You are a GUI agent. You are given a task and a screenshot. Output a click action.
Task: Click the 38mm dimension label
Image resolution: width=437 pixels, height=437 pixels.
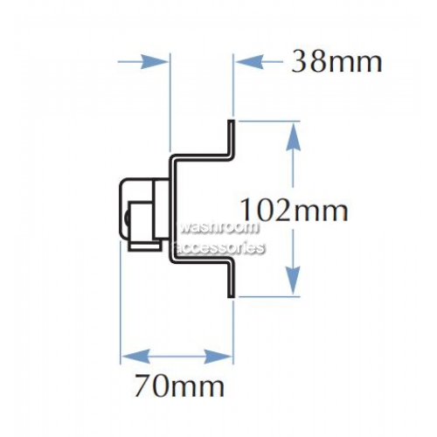tap(336, 62)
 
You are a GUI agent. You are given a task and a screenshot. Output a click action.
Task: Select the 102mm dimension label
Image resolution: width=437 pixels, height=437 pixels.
tap(294, 210)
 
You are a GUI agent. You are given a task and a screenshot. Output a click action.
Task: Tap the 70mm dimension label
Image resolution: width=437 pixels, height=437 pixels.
tap(179, 386)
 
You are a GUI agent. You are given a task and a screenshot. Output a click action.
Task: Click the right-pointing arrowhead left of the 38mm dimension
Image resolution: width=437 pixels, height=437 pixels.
tap(154, 62)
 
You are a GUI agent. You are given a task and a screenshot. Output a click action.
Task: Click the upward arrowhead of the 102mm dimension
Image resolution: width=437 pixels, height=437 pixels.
tap(293, 136)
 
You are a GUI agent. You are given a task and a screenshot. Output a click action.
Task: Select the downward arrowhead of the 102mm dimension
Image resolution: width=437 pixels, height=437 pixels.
tap(293, 281)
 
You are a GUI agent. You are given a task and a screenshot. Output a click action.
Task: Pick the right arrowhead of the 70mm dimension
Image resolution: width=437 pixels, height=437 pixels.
tap(218, 356)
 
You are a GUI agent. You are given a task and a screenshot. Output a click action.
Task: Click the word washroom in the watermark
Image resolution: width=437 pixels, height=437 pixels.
tap(218, 227)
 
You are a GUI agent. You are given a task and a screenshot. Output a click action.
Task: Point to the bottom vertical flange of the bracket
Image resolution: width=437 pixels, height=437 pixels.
tap(231, 281)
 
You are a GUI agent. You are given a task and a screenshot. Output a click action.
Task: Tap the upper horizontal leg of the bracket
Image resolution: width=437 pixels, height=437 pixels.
tap(201, 157)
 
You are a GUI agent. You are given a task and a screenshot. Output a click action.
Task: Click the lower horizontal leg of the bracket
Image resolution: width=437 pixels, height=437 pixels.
tap(201, 260)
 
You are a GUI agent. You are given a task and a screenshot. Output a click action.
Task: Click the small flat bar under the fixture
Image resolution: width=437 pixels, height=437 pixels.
tap(145, 246)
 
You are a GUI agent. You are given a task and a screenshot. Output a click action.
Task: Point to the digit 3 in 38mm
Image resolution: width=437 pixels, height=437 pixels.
tap(300, 61)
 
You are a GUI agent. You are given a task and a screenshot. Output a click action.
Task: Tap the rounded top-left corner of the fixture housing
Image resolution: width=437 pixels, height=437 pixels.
tap(124, 183)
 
